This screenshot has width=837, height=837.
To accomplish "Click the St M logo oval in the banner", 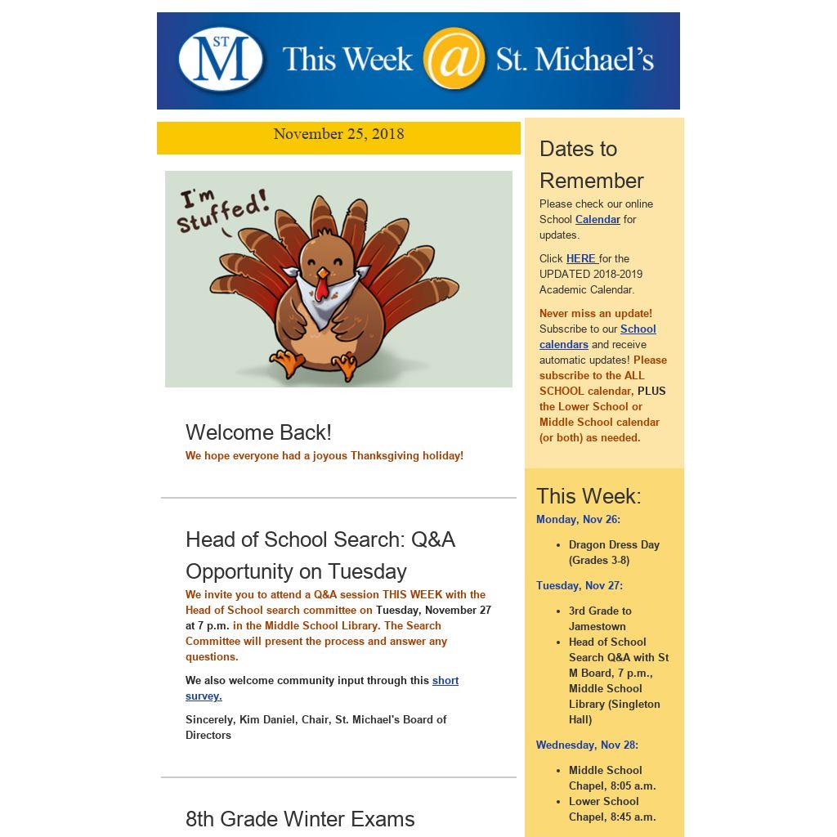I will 221,59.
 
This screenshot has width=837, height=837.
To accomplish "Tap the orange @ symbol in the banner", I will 454,59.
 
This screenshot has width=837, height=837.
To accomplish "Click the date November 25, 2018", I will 338,134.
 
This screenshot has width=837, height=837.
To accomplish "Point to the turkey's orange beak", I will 323,273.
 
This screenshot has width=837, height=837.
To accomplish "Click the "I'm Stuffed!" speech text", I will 222,211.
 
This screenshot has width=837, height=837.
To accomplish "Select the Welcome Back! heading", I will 258,432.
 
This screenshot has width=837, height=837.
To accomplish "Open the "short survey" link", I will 445,680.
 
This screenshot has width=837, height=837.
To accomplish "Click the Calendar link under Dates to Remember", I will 598,219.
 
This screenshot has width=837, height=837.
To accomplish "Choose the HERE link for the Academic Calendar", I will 581,258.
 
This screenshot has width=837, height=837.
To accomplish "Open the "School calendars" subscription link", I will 638,329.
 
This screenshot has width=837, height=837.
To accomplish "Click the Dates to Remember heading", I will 592,164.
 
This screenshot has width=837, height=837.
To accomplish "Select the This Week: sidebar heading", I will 589,496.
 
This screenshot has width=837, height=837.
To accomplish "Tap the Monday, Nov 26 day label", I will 578,519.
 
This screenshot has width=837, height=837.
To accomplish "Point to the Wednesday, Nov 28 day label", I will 587,745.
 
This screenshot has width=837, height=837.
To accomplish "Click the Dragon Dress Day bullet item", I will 614,544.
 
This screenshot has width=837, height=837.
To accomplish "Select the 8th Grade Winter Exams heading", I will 300,819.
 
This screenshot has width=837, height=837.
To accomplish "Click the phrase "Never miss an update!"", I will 596,313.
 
